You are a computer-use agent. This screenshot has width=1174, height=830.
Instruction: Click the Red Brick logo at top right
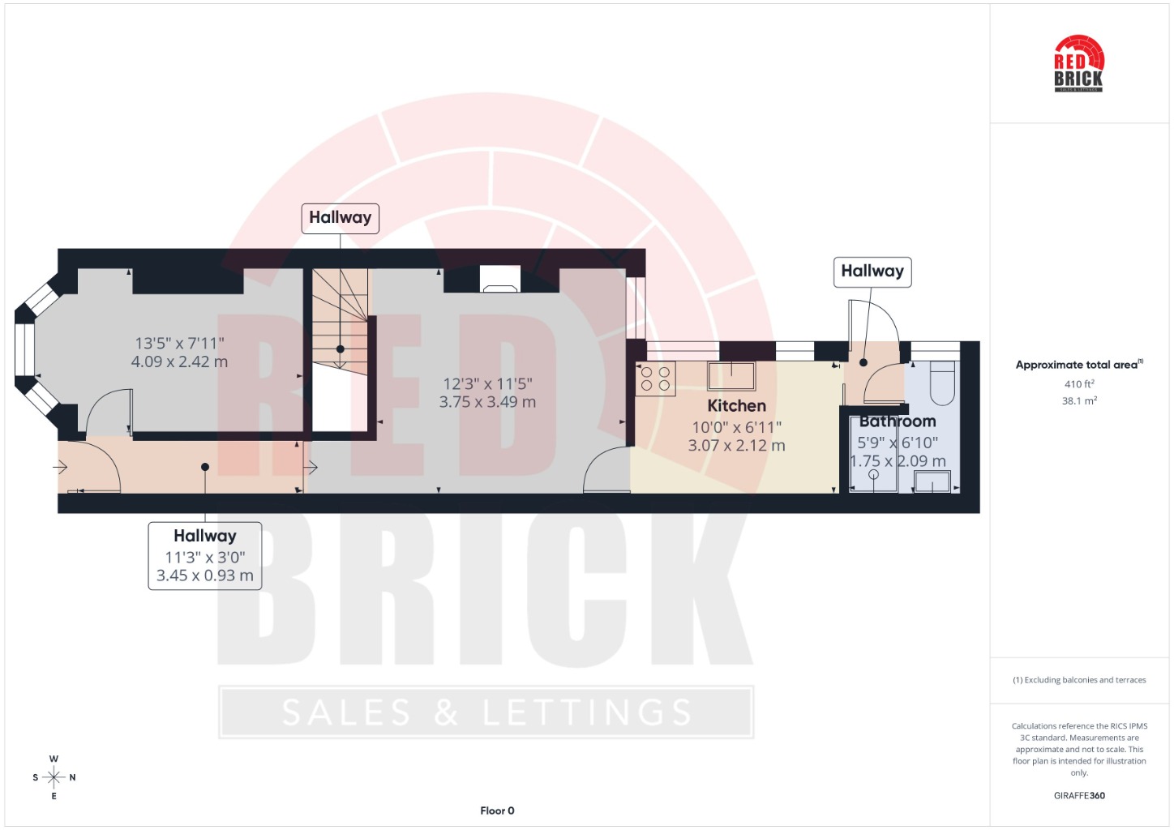[1078, 63]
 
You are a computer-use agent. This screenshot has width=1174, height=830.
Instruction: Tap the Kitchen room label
[736, 405]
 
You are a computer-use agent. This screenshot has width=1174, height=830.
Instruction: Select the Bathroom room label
[898, 421]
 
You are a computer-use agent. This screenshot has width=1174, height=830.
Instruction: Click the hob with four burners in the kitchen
[656, 379]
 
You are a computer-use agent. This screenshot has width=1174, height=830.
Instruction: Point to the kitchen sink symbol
[731, 376]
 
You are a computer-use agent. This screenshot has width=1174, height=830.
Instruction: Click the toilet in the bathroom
[942, 383]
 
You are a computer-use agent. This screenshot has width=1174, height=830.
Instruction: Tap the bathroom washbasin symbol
[932, 481]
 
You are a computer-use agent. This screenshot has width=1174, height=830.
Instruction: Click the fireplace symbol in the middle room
[500, 280]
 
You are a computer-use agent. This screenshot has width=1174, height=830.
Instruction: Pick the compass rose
[54, 777]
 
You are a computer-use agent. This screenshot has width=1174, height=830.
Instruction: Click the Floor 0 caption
[497, 811]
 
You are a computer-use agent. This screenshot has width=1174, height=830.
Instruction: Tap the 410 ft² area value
[1079, 383]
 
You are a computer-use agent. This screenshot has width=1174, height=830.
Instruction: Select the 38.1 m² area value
[1079, 401]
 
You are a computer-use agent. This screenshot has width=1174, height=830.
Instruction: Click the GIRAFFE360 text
[1079, 795]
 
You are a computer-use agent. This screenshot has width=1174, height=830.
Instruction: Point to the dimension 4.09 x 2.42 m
[179, 362]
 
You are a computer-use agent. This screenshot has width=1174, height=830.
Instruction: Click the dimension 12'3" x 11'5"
[487, 384]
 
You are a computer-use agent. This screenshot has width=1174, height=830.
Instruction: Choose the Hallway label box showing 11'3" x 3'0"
[205, 556]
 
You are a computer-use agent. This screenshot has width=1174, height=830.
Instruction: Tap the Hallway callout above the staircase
[341, 218]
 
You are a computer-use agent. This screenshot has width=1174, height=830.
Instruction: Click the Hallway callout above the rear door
[872, 272]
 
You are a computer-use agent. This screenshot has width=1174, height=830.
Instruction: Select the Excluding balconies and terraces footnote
[1079, 679]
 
